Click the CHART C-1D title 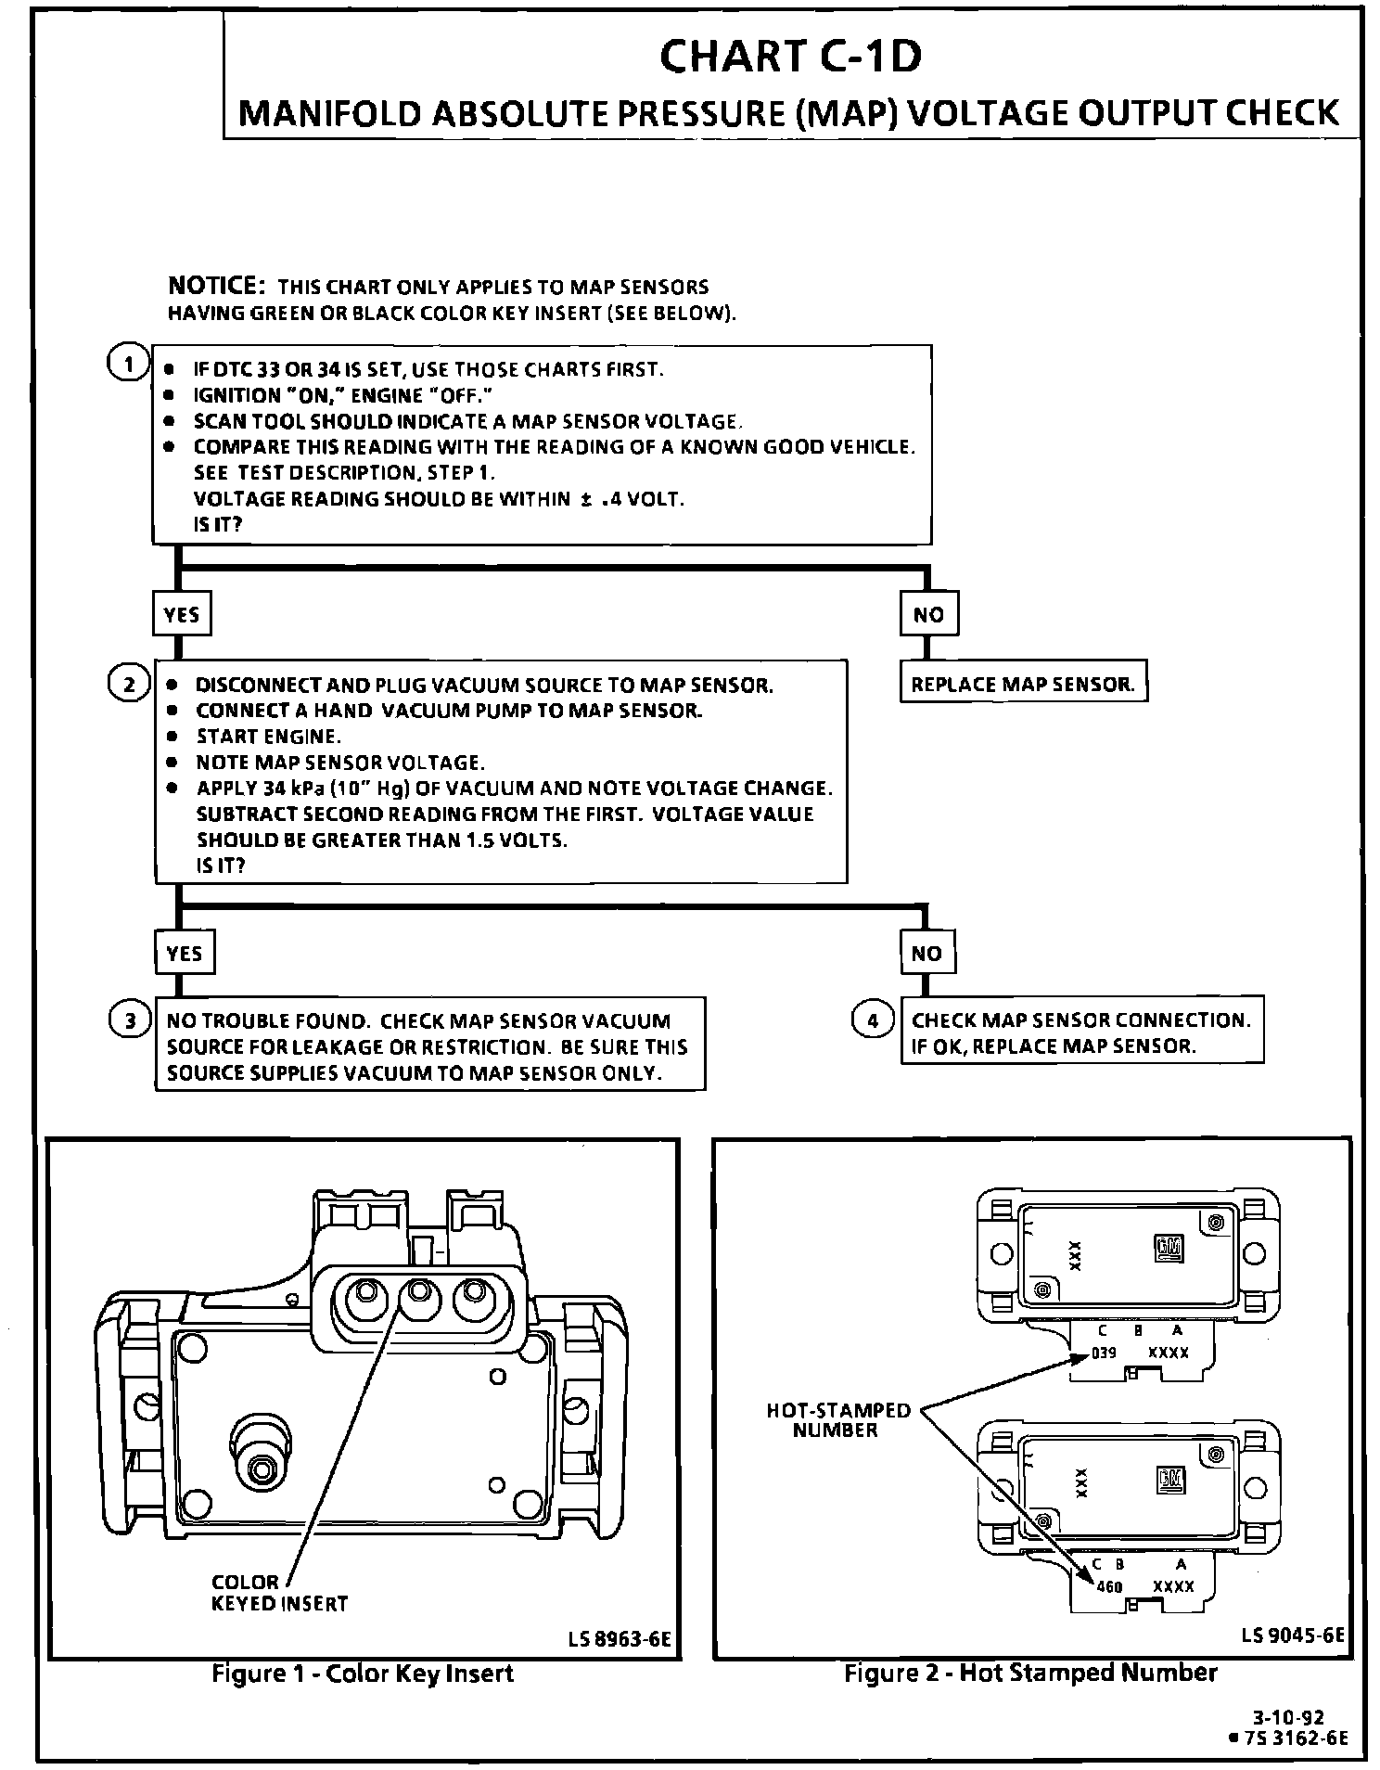[x=790, y=56]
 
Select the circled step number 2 [x=129, y=685]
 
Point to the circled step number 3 [x=130, y=1021]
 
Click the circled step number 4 [x=872, y=1020]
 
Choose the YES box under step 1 [x=182, y=614]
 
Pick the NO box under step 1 [x=928, y=614]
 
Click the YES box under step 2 [x=184, y=953]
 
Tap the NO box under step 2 [x=927, y=953]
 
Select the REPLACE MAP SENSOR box [x=1023, y=685]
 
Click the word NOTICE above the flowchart [x=217, y=285]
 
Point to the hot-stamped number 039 [x=1103, y=1353]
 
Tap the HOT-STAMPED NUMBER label [x=838, y=1420]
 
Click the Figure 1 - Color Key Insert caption [x=363, y=1674]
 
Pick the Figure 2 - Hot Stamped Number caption [x=1030, y=1673]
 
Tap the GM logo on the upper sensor [x=1169, y=1249]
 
